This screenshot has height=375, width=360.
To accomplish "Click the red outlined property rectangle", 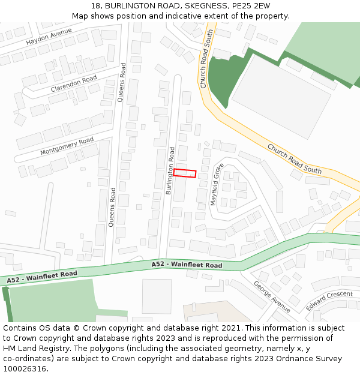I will click(185, 173).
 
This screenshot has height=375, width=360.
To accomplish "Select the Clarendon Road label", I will click(74, 83).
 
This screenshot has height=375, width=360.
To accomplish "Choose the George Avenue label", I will click(272, 296).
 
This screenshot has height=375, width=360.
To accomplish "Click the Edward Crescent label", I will click(329, 301).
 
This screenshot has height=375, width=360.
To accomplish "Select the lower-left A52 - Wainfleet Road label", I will click(43, 277).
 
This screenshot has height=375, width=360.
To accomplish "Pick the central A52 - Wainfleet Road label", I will click(187, 265).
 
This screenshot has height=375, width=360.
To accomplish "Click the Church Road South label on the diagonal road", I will click(298, 159).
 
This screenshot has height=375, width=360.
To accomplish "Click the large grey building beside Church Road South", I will click(280, 96).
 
